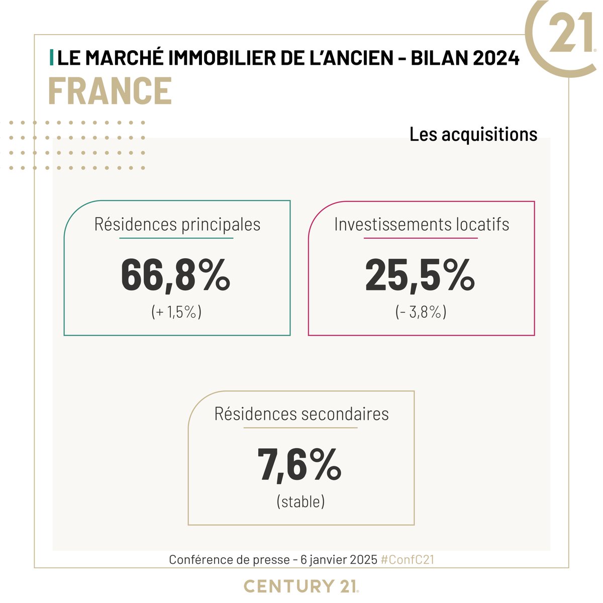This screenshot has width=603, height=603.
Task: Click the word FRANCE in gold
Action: coord(110,91)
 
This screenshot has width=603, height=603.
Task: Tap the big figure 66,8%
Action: coord(175,276)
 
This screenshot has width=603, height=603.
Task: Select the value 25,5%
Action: coord(420,276)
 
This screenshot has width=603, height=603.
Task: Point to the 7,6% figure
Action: coord(299,466)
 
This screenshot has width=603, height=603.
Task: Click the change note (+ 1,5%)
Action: coord(176,312)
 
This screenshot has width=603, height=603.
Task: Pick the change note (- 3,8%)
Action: coord(421,312)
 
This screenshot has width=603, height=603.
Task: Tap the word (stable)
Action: coord(300,501)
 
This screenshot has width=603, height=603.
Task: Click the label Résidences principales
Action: coord(177,224)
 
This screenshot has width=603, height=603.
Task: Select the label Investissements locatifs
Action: coord(422,224)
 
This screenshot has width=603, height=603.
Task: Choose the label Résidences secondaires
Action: coord(301,414)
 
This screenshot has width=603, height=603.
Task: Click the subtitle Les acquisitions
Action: coord(473,134)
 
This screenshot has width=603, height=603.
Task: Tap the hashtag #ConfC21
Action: coord(407,560)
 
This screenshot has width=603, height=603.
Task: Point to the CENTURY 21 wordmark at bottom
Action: coord(301,586)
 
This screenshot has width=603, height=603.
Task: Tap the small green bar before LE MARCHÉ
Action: coord(52,58)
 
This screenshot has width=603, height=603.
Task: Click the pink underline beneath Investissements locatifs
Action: coord(421,238)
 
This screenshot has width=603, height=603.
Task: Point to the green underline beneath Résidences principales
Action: coord(176,238)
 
